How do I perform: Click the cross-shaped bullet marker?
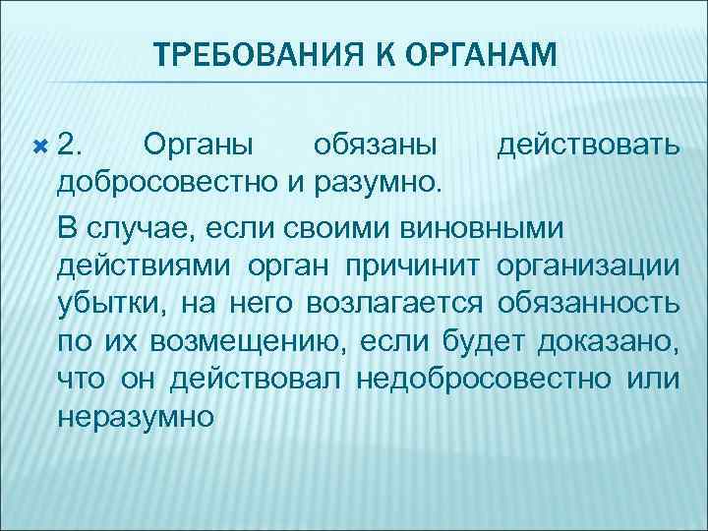click(40, 146)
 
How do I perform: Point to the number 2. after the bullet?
click(71, 146)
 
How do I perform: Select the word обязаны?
click(376, 146)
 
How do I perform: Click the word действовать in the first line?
click(587, 146)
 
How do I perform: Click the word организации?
click(587, 265)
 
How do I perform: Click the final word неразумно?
click(137, 417)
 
